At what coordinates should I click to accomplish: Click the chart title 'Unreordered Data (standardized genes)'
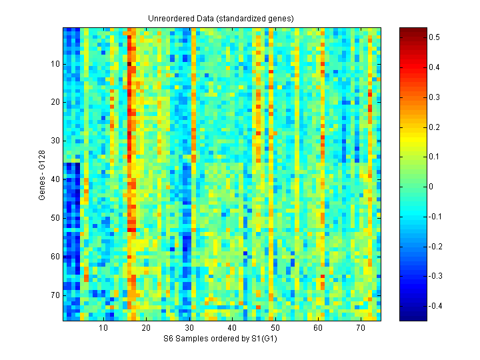pyautogui.click(x=221, y=18)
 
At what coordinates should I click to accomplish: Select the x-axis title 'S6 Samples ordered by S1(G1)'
pyautogui.click(x=221, y=339)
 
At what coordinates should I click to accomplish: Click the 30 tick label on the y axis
pyautogui.click(x=54, y=141)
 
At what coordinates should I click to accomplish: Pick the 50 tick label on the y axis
pyautogui.click(x=54, y=218)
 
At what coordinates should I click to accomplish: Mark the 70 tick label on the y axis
pyautogui.click(x=54, y=295)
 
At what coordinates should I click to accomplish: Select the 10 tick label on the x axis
pyautogui.click(x=103, y=328)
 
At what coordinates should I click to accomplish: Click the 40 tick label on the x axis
pyautogui.click(x=231, y=328)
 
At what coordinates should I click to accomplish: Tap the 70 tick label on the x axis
pyautogui.click(x=360, y=328)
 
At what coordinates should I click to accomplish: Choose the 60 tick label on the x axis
pyautogui.click(x=317, y=328)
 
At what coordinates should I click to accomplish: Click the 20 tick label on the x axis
pyautogui.click(x=146, y=328)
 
